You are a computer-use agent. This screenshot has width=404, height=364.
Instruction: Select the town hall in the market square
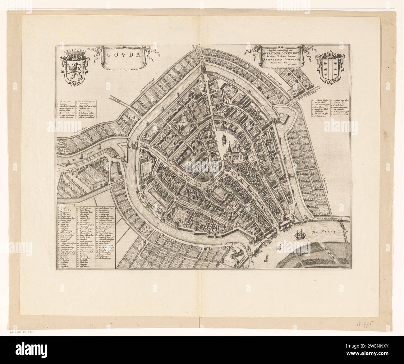[223, 141]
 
